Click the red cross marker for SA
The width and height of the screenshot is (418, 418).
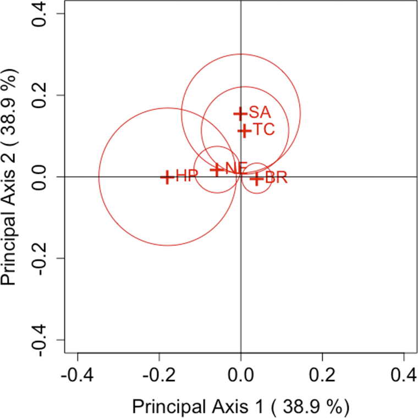[239, 113]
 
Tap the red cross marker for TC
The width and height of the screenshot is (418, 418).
[244, 131]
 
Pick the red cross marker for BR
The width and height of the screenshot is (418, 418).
[255, 178]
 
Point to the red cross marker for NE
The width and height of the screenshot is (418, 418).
[217, 169]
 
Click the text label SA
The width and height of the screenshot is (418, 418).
[260, 113]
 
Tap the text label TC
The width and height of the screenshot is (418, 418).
[263, 131]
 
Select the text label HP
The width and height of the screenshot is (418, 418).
[186, 177]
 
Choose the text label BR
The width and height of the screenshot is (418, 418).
[276, 178]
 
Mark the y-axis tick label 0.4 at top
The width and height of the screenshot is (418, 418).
[44, 14]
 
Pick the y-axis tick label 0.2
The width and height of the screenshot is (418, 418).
[44, 95]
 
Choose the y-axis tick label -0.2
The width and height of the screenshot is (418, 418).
[44, 258]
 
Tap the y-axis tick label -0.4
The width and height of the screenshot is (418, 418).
[44, 340]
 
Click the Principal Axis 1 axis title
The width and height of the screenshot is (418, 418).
[240, 406]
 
